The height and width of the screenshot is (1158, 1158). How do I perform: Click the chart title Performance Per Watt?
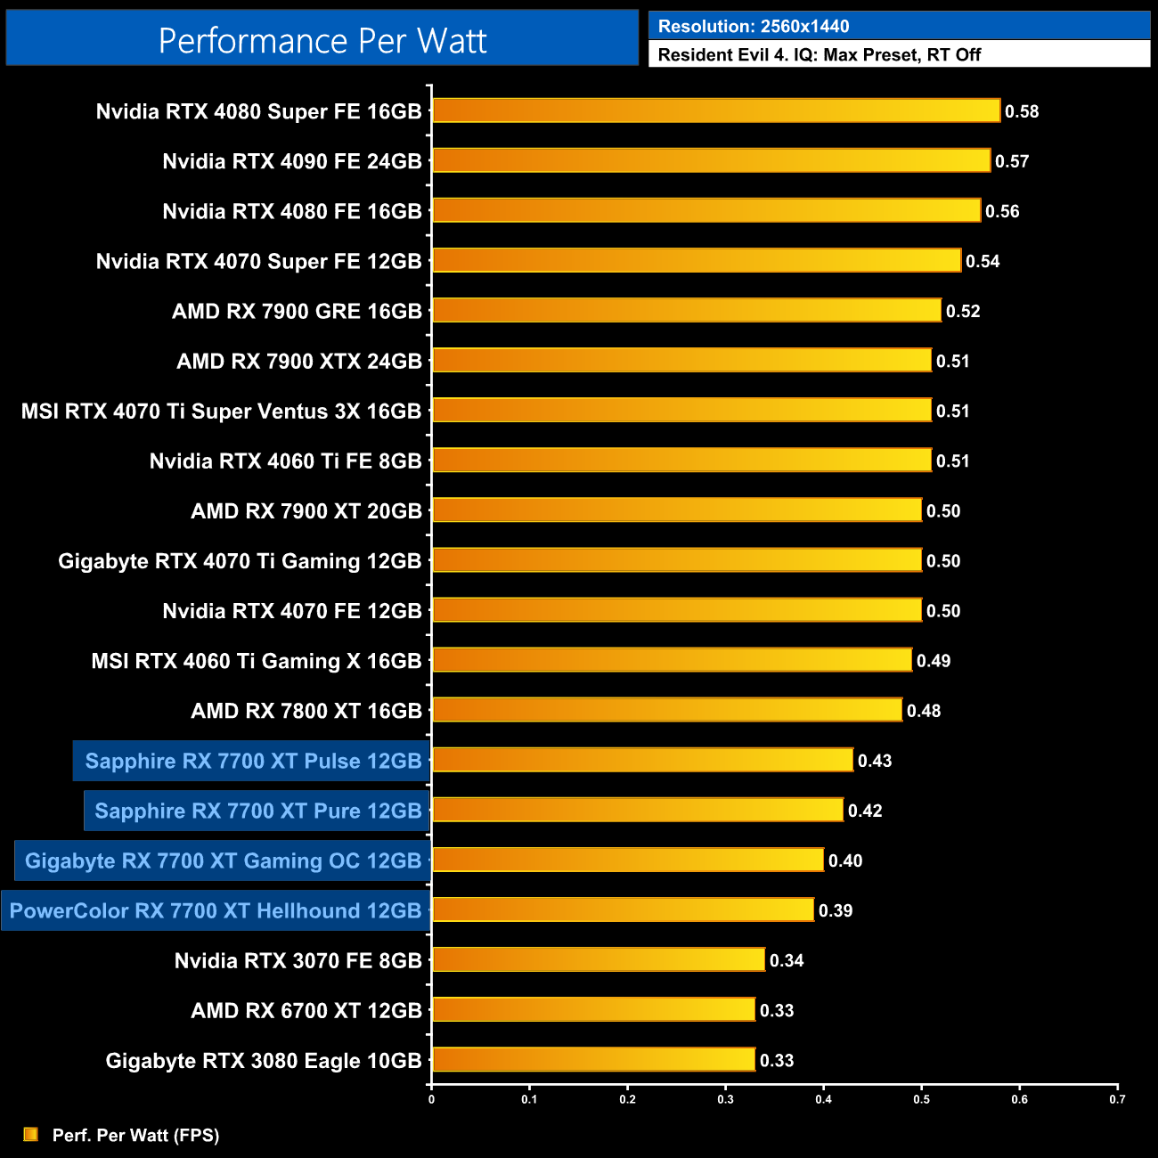pyautogui.click(x=322, y=40)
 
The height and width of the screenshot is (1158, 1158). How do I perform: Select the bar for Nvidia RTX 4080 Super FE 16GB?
pyautogui.click(x=716, y=110)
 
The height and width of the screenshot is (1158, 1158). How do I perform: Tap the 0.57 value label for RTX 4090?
pyautogui.click(x=1012, y=161)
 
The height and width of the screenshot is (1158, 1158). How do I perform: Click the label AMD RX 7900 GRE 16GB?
pyautogui.click(x=297, y=311)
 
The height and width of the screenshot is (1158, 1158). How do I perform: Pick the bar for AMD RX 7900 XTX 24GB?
pyautogui.click(x=681, y=360)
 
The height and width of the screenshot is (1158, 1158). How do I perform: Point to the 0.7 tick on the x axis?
pyautogui.click(x=1117, y=1099)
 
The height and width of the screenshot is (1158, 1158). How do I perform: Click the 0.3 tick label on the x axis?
pyautogui.click(x=725, y=1099)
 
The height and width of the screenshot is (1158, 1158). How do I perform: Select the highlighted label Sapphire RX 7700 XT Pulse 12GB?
pyautogui.click(x=253, y=761)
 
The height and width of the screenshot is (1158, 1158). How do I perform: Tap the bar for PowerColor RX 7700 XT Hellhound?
pyautogui.click(x=623, y=909)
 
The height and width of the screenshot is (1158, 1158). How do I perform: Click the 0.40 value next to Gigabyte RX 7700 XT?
pyautogui.click(x=845, y=860)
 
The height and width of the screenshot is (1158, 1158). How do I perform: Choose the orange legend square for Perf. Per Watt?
pyautogui.click(x=31, y=1134)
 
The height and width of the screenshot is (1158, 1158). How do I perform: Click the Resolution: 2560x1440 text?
pyautogui.click(x=754, y=27)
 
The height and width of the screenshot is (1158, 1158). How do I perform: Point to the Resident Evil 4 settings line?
pyautogui.click(x=819, y=54)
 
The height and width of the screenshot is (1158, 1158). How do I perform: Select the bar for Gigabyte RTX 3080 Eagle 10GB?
pyautogui.click(x=593, y=1059)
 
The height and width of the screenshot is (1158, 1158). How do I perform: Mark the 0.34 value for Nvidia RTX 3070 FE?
pyautogui.click(x=787, y=960)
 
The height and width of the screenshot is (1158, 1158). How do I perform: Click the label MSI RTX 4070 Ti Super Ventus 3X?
pyautogui.click(x=221, y=411)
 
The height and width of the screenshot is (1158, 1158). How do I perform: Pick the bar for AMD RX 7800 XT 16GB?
pyautogui.click(x=667, y=710)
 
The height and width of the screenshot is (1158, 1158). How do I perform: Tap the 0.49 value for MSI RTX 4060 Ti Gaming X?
pyautogui.click(x=934, y=661)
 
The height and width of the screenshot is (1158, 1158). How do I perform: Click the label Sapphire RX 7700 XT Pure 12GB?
pyautogui.click(x=257, y=811)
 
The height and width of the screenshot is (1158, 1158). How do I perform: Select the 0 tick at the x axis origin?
pyautogui.click(x=431, y=1099)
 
